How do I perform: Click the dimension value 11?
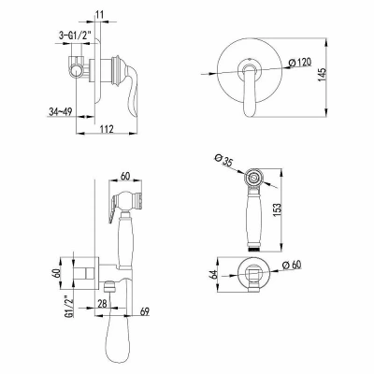pos(100,15)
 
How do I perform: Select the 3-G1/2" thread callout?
pos(75,36)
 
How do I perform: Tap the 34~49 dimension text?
pos(60,111)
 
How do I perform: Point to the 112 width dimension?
pos(107,129)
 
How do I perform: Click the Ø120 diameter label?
pos(300,63)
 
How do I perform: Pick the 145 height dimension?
pos(323,75)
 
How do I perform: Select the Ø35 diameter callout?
pos(223,162)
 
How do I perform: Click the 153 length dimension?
pos(277,209)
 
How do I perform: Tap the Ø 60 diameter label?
pos(292,266)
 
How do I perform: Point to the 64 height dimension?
pos(213,275)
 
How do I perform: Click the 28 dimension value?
pos(102,303)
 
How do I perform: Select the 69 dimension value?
pos(144,311)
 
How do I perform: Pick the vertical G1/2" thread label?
pos(69,308)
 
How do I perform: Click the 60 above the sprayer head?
pos(125,177)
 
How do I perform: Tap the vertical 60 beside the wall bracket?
pos(57,273)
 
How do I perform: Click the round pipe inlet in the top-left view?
pos(75,73)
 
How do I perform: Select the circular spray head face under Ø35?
pos(254,178)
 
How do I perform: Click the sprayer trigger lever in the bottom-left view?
pos(113,209)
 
